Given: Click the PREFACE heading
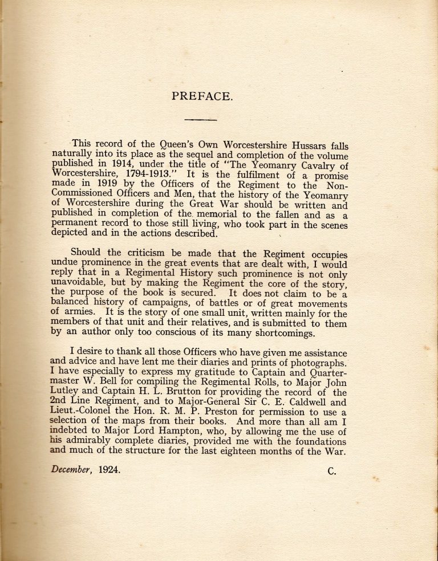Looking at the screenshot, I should pos(201,96).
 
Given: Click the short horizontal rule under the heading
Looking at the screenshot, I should pos(201,119).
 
